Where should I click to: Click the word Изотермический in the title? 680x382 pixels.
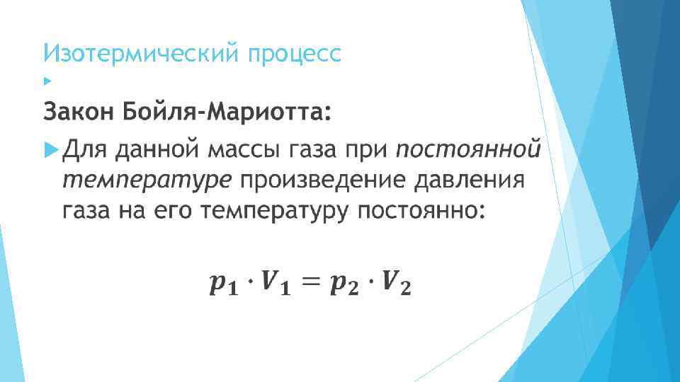142,54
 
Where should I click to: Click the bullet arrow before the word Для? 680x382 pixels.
49,150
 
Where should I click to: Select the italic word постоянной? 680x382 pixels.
468,150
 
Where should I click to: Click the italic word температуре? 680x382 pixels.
146,180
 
